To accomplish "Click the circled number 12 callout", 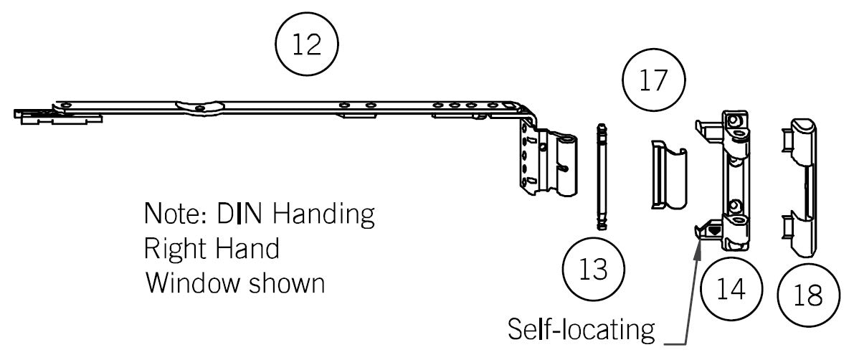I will click(306, 44).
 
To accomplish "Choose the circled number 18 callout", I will click(808, 295).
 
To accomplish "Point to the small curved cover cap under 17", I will click(668, 174).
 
